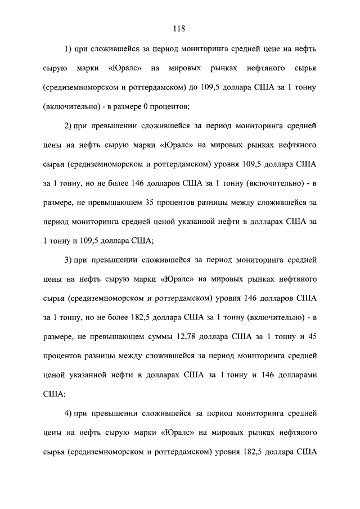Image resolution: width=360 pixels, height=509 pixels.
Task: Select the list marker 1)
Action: (69, 49)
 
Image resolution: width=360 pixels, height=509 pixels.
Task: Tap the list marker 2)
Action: (69, 124)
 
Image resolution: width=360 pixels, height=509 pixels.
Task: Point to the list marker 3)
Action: (69, 260)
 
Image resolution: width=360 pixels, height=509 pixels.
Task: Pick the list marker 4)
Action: (69, 414)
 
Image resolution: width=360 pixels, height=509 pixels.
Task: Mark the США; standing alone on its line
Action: (55, 394)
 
